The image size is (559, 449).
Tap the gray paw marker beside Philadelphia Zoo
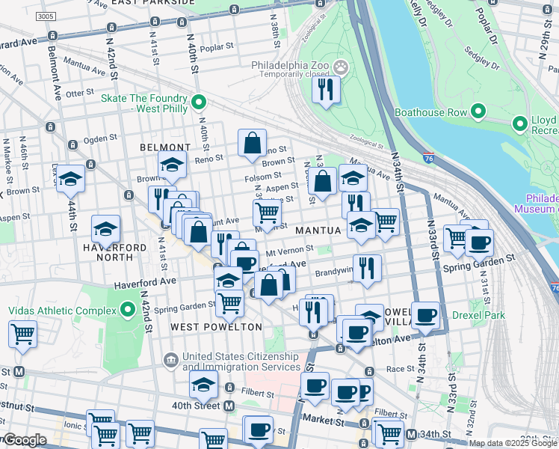click(341, 67)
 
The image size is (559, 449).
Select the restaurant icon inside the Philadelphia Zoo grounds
click(326, 91)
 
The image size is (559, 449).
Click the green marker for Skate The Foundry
click(199, 102)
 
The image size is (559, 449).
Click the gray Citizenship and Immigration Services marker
click(171, 361)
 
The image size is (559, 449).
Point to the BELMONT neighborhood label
click(165, 147)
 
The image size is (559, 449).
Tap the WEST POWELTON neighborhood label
click(216, 327)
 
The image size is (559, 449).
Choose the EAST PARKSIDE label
click(153, 3)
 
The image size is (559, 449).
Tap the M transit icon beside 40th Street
click(229, 406)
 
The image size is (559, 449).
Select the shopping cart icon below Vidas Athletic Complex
click(23, 335)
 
